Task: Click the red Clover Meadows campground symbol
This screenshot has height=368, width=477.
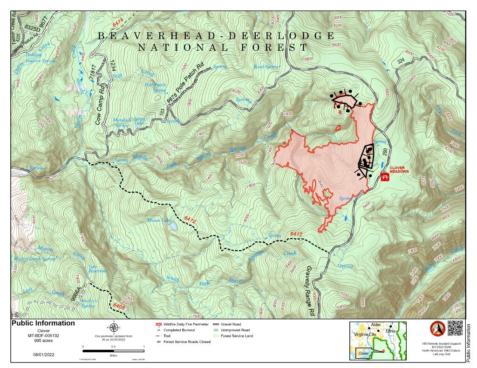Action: coord(385,177)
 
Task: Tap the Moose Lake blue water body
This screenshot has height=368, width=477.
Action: coord(172,226)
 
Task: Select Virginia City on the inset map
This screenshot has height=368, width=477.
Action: coord(364,335)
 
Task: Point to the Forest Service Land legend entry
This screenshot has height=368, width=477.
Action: coord(236,336)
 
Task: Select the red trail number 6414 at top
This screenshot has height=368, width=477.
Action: coord(118,23)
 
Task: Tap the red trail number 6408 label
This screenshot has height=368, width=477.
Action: coord(119,306)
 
